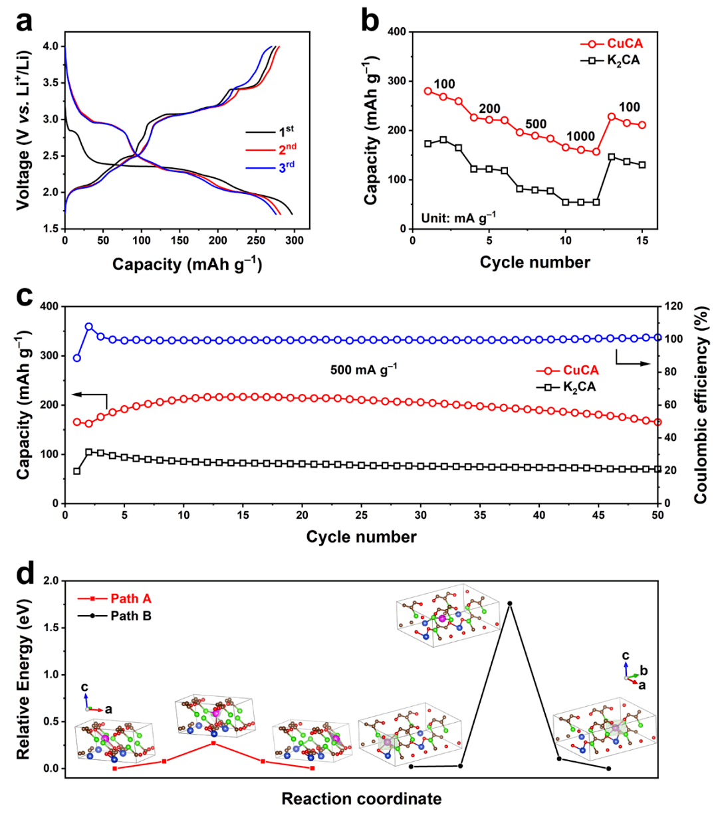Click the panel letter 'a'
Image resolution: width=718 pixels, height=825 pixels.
tap(25, 21)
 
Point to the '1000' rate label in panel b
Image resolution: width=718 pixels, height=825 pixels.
tap(580, 137)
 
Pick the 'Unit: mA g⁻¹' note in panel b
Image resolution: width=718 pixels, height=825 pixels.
tap(458, 217)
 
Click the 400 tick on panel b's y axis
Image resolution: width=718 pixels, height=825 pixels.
tap(397, 32)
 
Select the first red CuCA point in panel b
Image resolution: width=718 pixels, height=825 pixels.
tap(428, 91)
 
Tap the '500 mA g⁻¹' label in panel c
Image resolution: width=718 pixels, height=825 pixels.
tap(363, 369)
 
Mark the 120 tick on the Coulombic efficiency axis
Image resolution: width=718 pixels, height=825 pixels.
tap(672, 306)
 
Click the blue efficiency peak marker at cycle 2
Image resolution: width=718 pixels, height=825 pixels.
tap(89, 327)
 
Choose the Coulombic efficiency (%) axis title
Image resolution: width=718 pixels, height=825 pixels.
tap(701, 405)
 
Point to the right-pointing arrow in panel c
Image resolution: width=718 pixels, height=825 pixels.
tap(632, 362)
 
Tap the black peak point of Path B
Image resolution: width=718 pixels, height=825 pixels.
tap(510, 603)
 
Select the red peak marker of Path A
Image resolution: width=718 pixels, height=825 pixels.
tap(213, 743)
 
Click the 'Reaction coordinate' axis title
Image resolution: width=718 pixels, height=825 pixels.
tap(361, 798)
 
